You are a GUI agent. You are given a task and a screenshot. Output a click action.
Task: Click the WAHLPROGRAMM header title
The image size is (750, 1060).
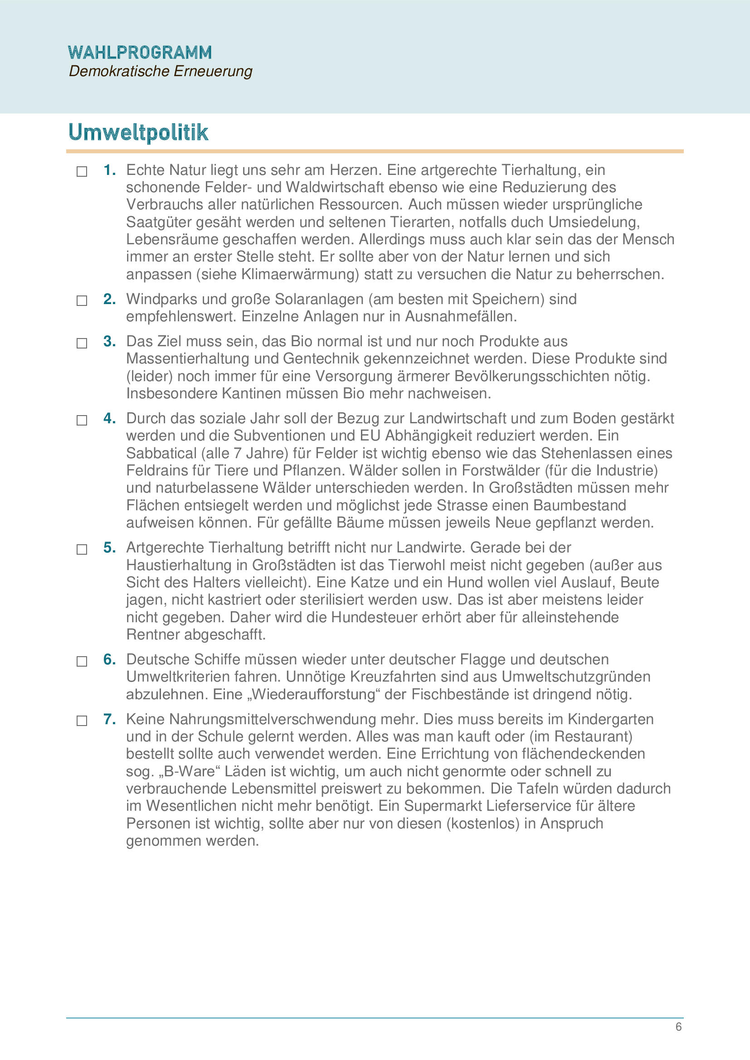(140, 53)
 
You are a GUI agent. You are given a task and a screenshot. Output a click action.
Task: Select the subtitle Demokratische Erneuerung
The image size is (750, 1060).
(160, 72)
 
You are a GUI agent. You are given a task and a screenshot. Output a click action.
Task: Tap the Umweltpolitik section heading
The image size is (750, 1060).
(138, 132)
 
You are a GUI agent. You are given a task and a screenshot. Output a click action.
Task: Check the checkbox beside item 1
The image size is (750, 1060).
(82, 172)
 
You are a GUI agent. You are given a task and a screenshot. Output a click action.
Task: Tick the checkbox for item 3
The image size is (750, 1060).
(82, 343)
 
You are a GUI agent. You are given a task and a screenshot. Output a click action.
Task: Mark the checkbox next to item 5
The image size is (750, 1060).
(82, 549)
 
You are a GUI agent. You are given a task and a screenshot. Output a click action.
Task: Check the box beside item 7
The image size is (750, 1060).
(82, 721)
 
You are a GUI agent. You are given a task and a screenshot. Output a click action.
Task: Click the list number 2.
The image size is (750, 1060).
(109, 299)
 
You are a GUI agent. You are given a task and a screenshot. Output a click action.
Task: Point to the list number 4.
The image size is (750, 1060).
(109, 418)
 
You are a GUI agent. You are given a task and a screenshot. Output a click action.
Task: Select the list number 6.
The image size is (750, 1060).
(109, 659)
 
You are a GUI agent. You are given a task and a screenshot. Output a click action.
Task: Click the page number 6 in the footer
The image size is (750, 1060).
(678, 1027)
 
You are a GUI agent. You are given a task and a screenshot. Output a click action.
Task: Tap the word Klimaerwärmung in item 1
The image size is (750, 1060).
(299, 274)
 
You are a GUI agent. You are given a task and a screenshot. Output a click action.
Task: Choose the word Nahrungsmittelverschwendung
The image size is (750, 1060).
(273, 719)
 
